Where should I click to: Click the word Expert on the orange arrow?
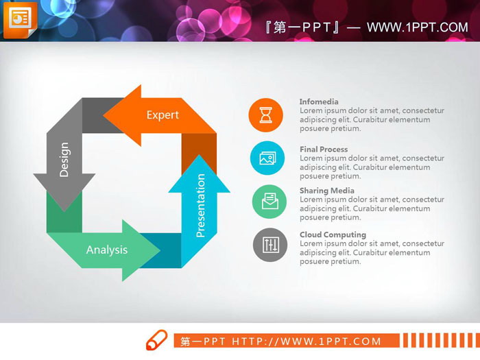click(163, 115)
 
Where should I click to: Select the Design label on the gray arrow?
click(64, 160)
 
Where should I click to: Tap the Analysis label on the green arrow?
click(107, 250)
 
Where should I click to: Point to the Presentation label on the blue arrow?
click(200, 206)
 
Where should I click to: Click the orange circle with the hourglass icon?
click(266, 115)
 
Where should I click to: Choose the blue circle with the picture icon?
click(267, 158)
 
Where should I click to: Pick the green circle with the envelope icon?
click(269, 202)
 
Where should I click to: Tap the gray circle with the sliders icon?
click(270, 245)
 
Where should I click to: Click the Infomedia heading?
click(319, 101)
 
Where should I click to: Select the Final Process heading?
click(324, 149)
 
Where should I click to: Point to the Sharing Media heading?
click(327, 191)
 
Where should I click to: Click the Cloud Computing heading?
click(333, 235)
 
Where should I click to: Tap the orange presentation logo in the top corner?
click(20, 20)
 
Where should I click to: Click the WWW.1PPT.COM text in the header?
click(418, 27)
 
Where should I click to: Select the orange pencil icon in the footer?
click(157, 340)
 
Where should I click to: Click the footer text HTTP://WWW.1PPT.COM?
click(306, 341)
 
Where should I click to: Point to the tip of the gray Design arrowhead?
click(64, 211)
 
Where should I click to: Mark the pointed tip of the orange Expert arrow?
click(103, 115)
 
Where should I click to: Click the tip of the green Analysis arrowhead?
click(160, 250)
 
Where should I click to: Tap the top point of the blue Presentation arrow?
click(200, 154)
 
